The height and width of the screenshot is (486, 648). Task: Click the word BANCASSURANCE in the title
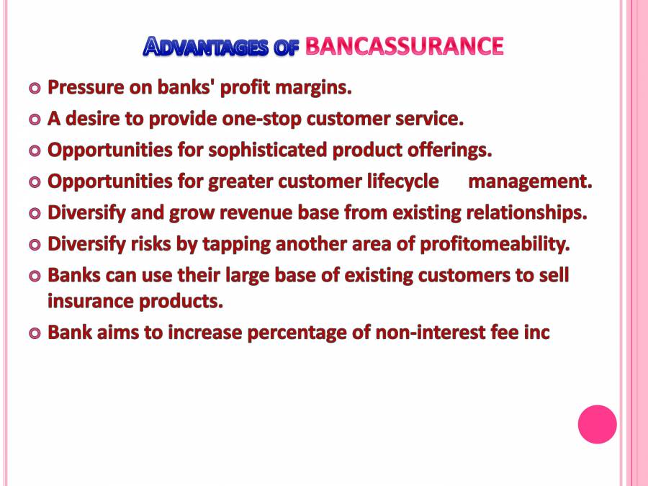(404, 47)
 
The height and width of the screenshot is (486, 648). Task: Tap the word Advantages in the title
(207, 48)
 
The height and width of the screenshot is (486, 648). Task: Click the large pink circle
(597, 424)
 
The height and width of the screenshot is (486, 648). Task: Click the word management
(530, 181)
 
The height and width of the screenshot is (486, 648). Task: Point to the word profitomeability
(495, 244)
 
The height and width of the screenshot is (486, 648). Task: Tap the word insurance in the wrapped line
(87, 301)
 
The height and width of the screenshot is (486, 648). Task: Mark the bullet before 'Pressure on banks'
(35, 89)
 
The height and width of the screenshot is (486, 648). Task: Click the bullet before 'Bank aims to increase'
(35, 333)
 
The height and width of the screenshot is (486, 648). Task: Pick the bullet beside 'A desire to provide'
(35, 120)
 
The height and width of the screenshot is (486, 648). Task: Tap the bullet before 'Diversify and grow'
(35, 213)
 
